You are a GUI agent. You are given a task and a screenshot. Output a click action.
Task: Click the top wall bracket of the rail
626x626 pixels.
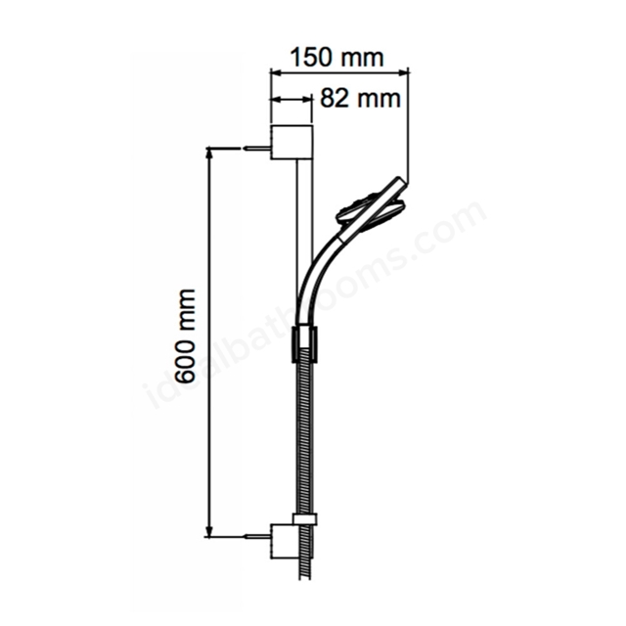[291, 143]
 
